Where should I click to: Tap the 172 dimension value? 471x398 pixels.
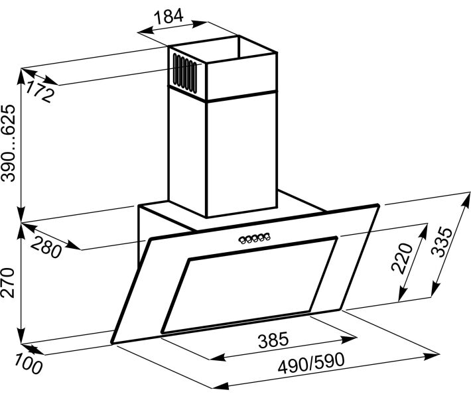39,92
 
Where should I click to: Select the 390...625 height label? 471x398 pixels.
8,143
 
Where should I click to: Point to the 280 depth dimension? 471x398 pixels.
46,247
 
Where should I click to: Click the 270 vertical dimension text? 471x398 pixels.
8,283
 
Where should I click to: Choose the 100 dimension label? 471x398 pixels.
29,364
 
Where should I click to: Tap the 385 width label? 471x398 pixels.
273,340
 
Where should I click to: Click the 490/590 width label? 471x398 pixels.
311,363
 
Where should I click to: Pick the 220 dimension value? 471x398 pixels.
402,258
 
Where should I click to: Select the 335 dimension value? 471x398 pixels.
441,242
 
